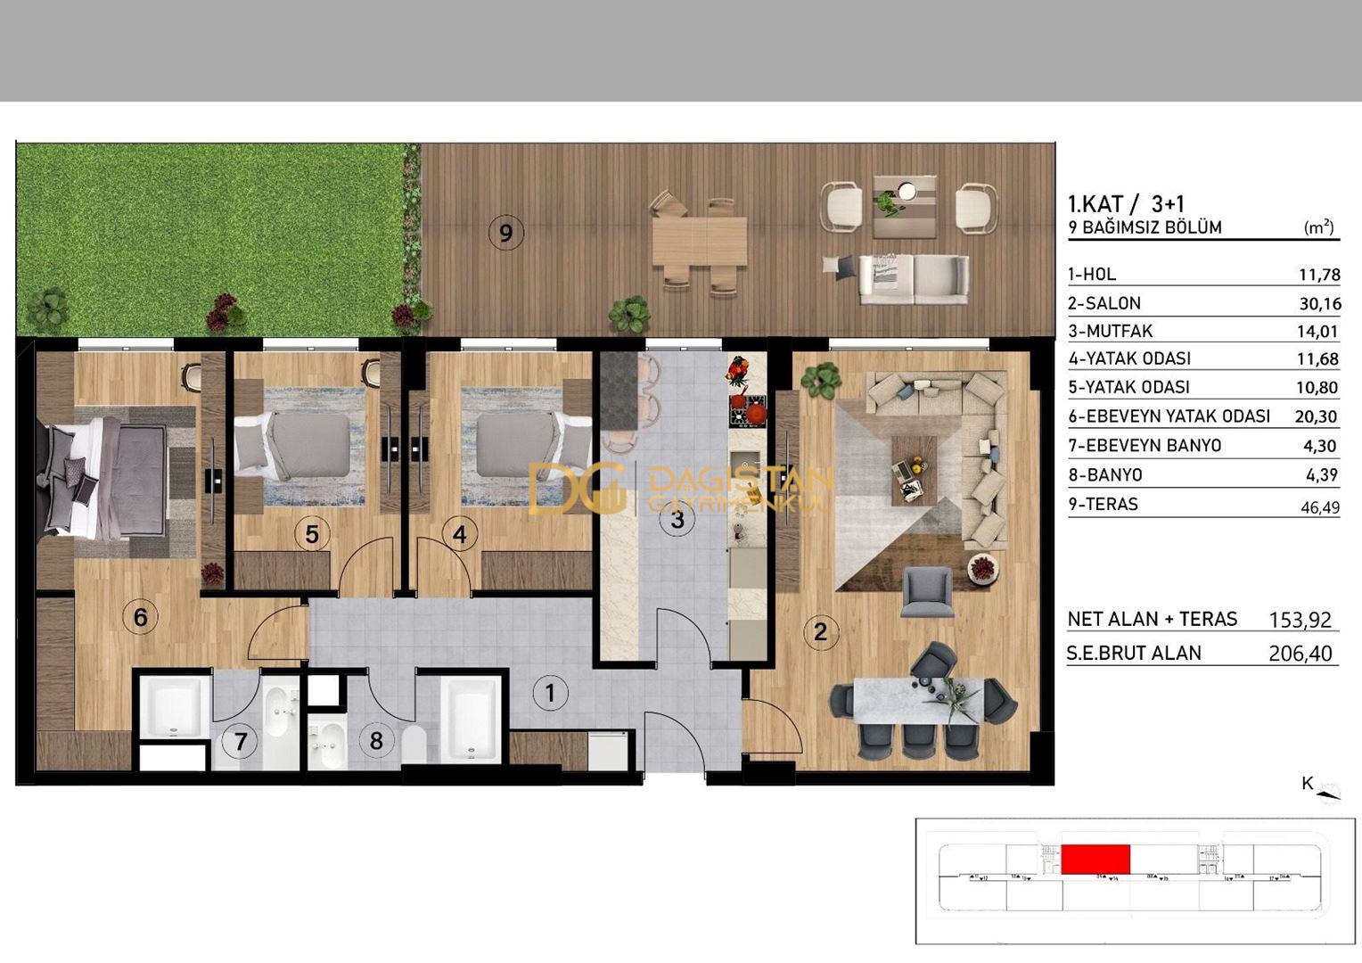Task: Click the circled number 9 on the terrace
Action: (x=506, y=234)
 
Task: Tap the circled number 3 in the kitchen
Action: (x=677, y=519)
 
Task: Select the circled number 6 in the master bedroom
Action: (x=140, y=616)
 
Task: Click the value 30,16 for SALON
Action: (x=1319, y=303)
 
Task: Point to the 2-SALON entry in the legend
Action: (x=1104, y=303)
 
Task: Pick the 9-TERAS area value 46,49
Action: (x=1319, y=506)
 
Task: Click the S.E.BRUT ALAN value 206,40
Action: (x=1300, y=654)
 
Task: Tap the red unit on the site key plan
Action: (x=1095, y=860)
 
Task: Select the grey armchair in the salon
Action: (x=927, y=591)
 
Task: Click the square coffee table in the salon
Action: (x=915, y=470)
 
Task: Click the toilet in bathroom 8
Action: (x=414, y=745)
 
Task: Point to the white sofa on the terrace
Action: (x=914, y=279)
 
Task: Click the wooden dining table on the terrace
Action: (x=699, y=241)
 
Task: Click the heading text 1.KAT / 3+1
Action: (x=1126, y=204)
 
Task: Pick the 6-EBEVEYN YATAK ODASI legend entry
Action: (x=1169, y=416)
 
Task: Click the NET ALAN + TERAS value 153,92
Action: (x=1300, y=619)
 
